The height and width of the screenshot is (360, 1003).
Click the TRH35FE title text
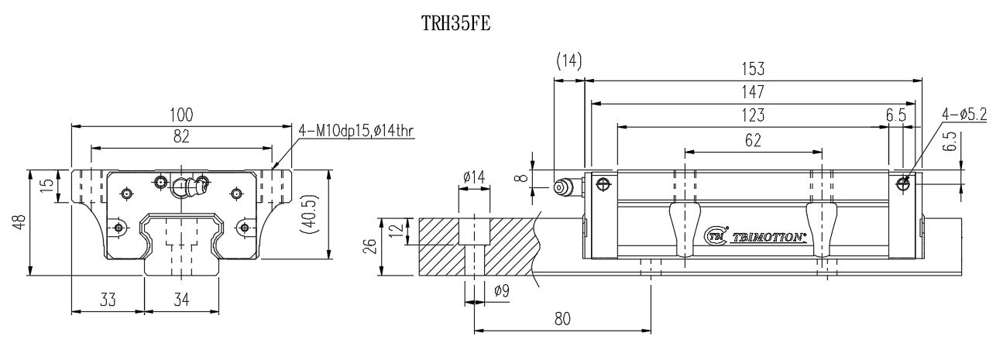pos(456,23)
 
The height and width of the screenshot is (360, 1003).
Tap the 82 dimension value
pos(181,136)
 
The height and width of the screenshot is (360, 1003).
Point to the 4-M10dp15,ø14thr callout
pos(357,132)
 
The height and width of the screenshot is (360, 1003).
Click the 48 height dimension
pos(20,221)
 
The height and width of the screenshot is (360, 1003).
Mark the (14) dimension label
pos(568,61)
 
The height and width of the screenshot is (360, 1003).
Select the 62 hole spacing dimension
pos(752,140)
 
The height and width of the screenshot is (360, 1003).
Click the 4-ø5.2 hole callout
pos(963,115)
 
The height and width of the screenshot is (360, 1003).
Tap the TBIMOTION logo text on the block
pos(768,238)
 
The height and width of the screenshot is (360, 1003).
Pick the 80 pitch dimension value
pos(562,319)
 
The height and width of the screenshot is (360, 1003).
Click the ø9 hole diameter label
pos(501,291)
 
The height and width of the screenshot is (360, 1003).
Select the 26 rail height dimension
pos(369,246)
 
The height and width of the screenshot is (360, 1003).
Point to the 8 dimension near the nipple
pos(524,177)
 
